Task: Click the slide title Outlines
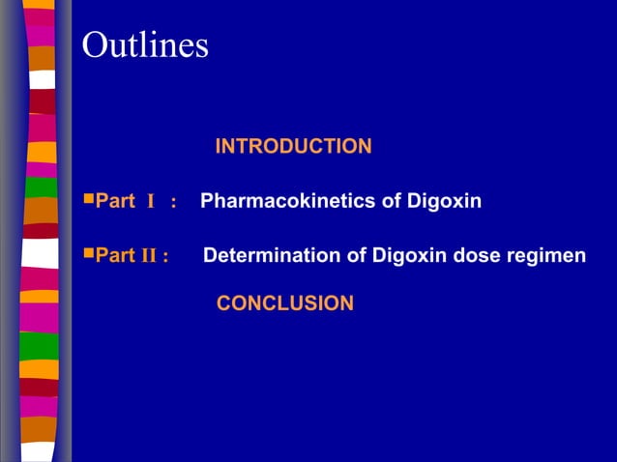[x=145, y=45]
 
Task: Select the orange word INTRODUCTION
[x=293, y=147]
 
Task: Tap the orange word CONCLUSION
[x=285, y=303]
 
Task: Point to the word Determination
[x=261, y=256]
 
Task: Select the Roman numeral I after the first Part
[x=151, y=202]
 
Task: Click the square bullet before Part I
[x=89, y=200]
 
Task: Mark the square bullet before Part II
[x=89, y=254]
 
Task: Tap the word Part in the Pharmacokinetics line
[x=115, y=202]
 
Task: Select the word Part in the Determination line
[x=115, y=256]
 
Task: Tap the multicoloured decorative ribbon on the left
[x=40, y=231]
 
